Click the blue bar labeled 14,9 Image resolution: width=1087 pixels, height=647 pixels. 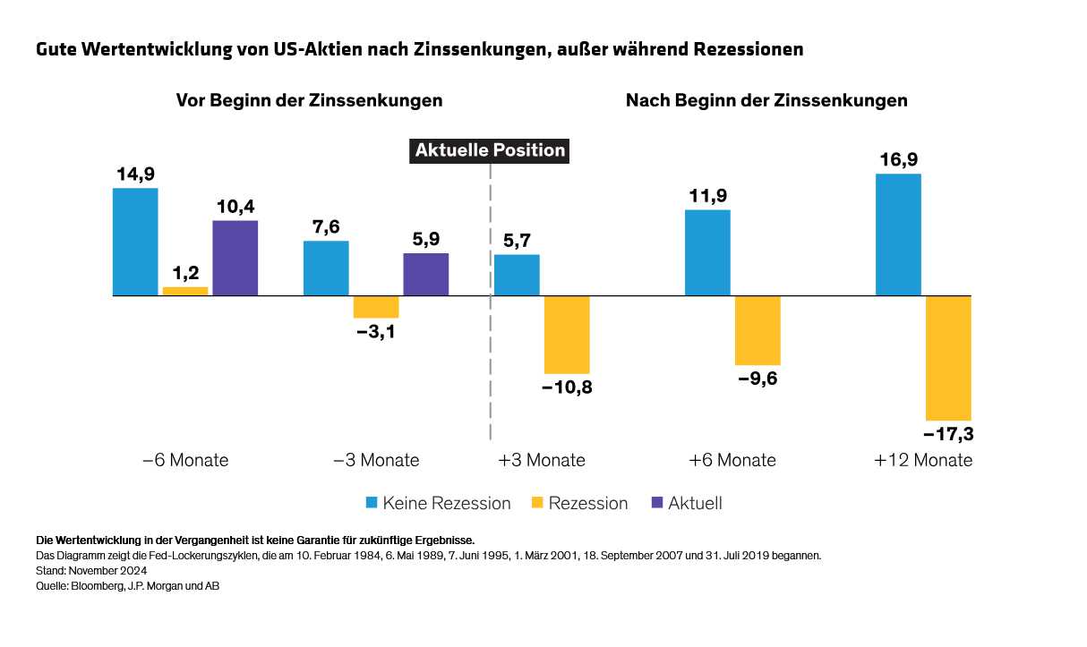click(135, 242)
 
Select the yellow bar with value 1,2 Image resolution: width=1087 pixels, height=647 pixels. click(185, 291)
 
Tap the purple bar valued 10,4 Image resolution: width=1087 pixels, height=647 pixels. click(235, 258)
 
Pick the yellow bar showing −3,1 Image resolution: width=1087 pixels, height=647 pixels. click(376, 307)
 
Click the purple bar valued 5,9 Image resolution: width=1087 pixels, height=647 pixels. click(426, 274)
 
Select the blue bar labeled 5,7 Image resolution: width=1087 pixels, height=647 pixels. click(518, 275)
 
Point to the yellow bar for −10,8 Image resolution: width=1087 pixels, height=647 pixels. click(567, 334)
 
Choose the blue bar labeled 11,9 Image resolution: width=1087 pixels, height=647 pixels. click(707, 252)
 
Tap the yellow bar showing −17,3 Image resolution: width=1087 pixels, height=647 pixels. click(948, 357)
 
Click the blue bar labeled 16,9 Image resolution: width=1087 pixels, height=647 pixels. click(898, 234)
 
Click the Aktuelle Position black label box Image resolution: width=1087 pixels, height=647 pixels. click(490, 150)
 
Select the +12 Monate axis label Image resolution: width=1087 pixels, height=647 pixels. click(923, 461)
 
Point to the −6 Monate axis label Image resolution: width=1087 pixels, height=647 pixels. click(185, 461)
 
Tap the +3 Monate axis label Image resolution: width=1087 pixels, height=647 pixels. click(542, 461)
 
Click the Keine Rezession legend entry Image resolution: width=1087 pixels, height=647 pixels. click(446, 504)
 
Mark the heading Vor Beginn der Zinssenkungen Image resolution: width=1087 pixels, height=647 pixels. click(309, 100)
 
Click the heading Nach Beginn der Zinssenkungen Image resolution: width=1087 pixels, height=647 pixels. click(766, 100)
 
